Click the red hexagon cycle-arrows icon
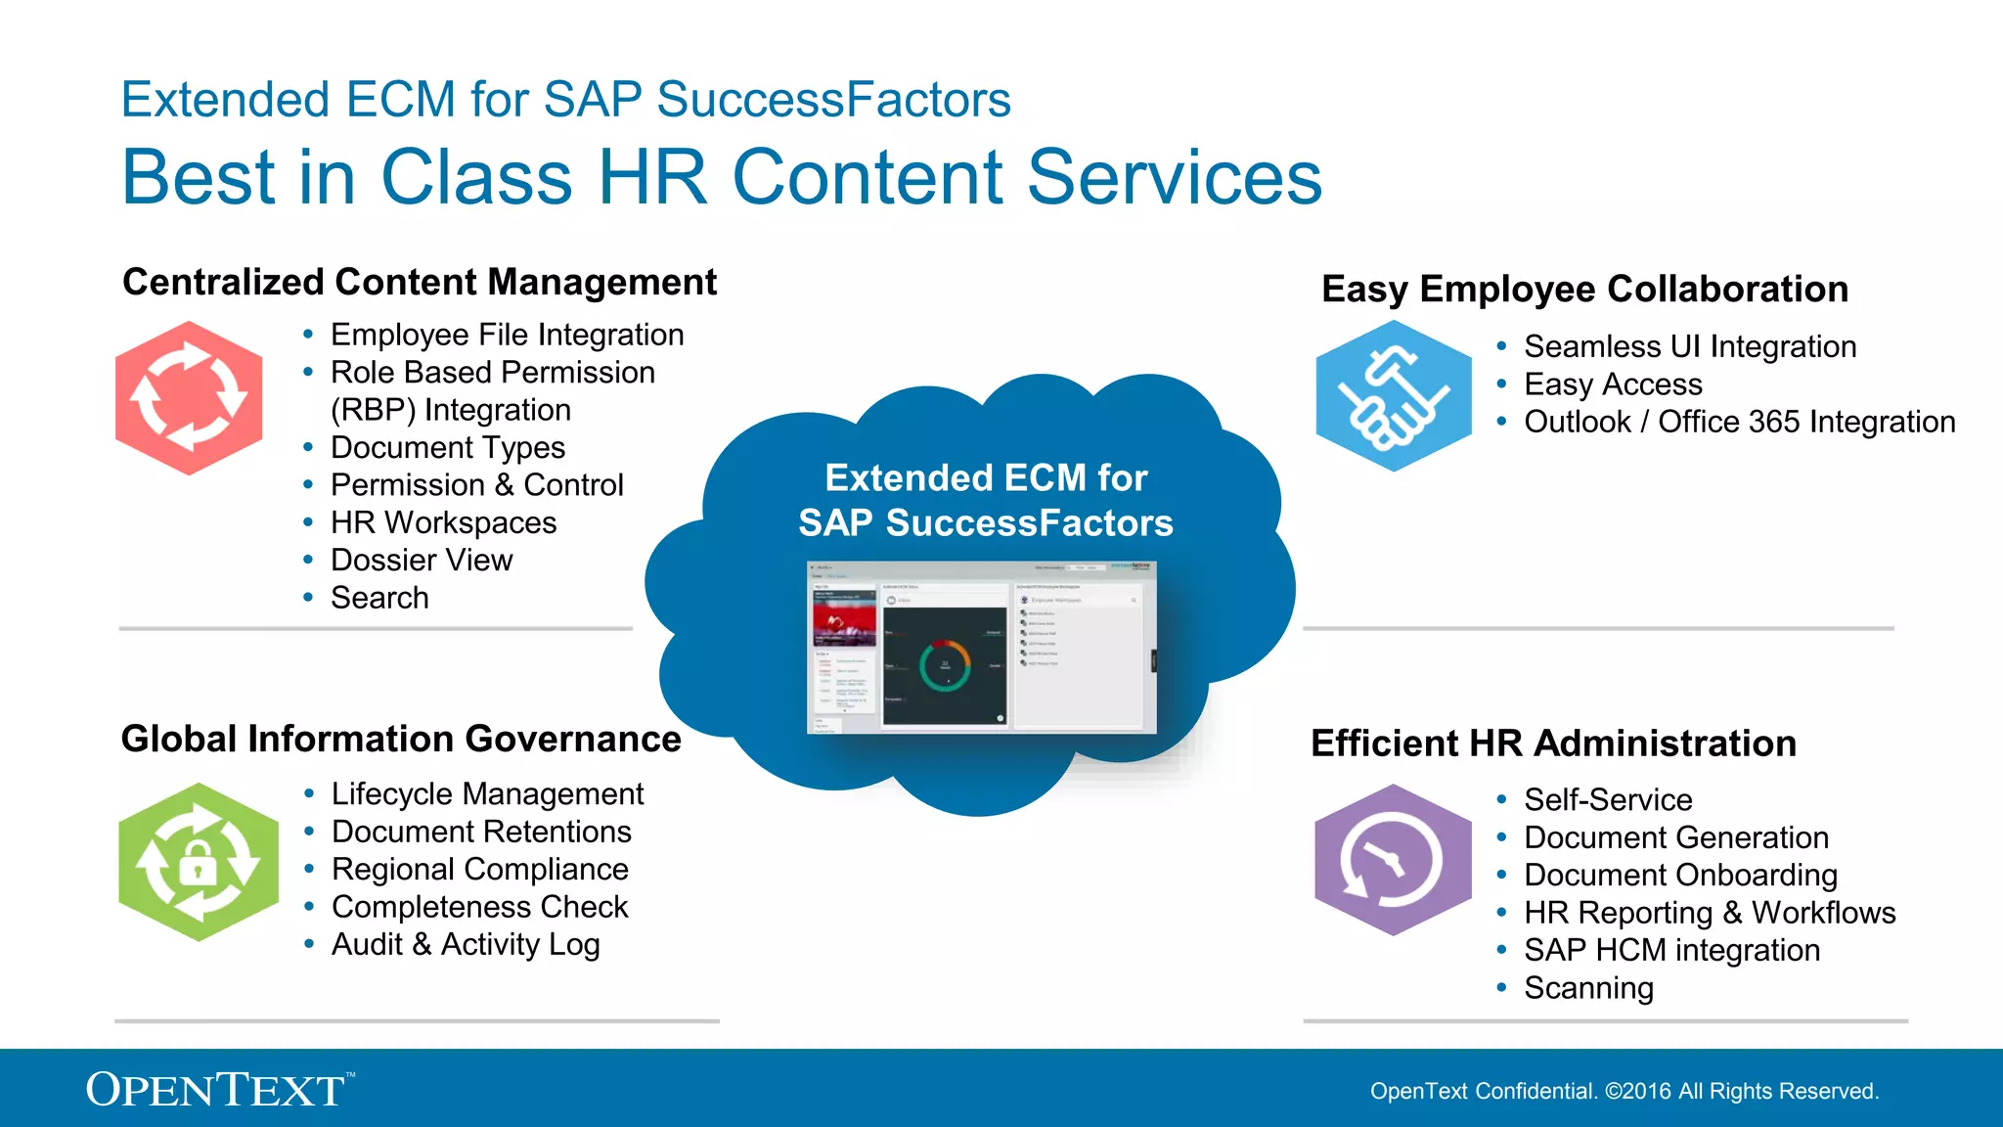coord(189,398)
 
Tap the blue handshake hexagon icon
coord(1393,396)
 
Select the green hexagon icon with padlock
coord(199,862)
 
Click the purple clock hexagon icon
coord(1393,860)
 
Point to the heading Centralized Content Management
coord(420,282)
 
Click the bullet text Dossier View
coord(422,560)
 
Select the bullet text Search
coord(379,598)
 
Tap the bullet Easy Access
coord(1613,384)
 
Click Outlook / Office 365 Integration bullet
coord(1739,422)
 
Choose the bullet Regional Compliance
coord(479,869)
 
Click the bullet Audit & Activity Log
coord(466,944)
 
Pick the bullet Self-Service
coord(1608,799)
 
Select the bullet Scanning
coord(1588,988)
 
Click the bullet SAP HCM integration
coord(1671,950)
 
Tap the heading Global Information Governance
coord(401,739)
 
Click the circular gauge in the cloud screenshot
coord(944,666)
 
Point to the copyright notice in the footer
coord(1624,1091)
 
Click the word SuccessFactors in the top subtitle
coord(833,100)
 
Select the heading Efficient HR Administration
coord(1553,744)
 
